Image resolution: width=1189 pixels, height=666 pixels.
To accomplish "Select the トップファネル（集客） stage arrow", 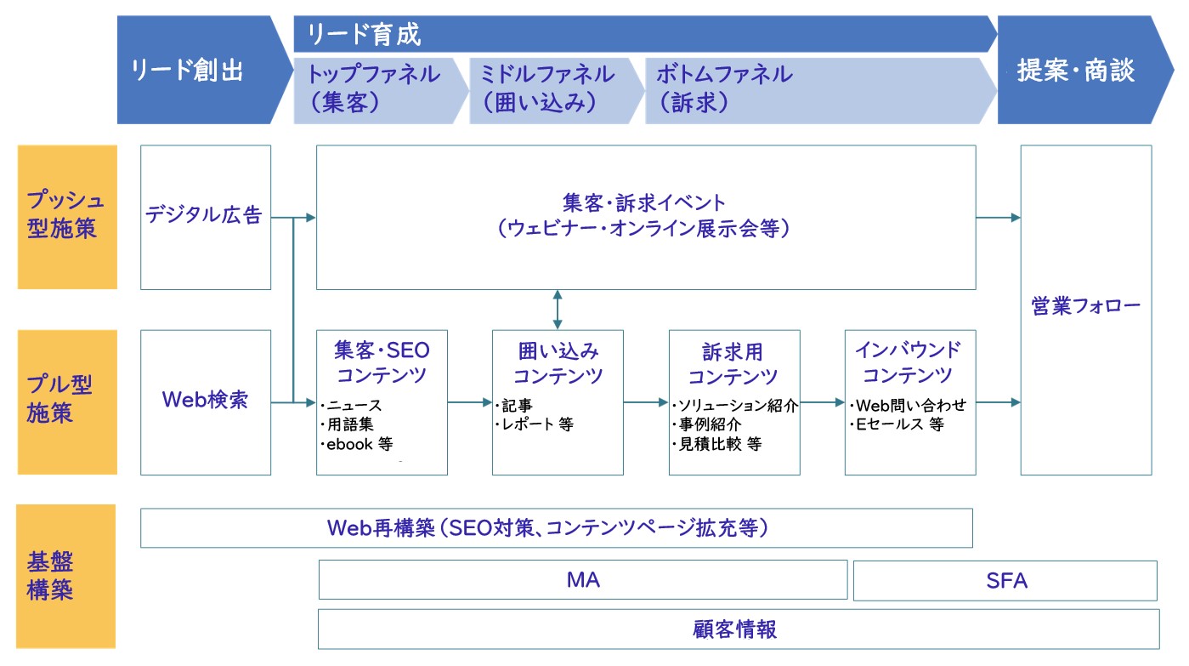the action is pos(381,91).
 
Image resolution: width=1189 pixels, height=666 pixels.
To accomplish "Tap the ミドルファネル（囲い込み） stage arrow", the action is pos(557,91).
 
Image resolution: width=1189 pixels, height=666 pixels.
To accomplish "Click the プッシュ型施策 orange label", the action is pos(67,217).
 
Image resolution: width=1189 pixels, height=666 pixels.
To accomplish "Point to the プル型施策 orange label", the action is pos(67,402).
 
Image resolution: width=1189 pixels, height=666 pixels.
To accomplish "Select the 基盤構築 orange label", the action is pos(65,576).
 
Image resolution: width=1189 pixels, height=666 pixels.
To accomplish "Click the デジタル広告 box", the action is pos(206,217).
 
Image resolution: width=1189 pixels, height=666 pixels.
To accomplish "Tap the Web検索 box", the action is pos(206,402).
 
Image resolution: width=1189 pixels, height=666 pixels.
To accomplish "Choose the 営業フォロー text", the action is pos(1085,306).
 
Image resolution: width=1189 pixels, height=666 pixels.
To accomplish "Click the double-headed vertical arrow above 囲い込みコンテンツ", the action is pos(558,310).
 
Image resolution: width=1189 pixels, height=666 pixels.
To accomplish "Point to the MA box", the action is pos(583,580).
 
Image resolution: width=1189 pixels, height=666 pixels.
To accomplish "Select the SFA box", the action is pos(1005,580).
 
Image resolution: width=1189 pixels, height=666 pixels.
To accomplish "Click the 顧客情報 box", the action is pos(739,629).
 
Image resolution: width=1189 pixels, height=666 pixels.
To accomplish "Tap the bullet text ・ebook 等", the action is pos(357,444).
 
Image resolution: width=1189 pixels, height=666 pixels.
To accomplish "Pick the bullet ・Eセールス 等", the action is pos(897,424).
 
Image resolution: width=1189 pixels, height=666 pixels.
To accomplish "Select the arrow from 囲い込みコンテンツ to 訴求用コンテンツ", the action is pos(646,402).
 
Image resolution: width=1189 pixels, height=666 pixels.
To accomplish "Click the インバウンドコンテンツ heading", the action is pos(909,362).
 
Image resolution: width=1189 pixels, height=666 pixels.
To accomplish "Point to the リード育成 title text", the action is pos(364,35).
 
